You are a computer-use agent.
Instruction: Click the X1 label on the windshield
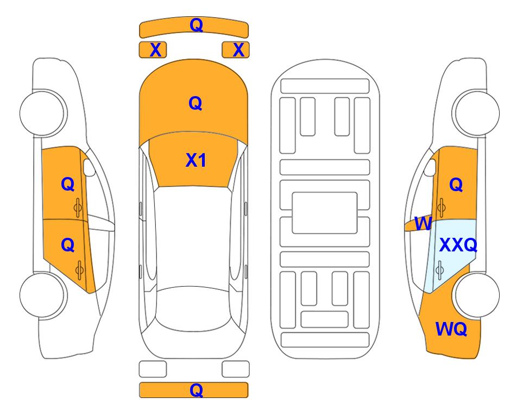point(196,160)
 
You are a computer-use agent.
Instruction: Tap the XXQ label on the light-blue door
point(458,245)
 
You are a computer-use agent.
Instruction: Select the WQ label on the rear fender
point(451,329)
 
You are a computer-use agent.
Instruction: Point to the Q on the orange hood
point(195,103)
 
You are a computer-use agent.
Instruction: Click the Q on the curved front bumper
point(196,25)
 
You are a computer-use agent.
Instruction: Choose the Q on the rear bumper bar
point(196,390)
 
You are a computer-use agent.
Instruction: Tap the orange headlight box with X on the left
point(153,50)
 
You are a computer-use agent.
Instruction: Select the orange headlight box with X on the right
point(236,50)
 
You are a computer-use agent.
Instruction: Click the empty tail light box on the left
point(153,369)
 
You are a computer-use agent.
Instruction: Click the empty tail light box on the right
point(236,369)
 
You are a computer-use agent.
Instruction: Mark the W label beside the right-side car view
point(423,224)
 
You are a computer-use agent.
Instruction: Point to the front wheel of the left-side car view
point(43,113)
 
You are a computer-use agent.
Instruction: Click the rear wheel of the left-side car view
point(43,295)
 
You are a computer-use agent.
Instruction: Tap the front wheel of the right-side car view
point(476,113)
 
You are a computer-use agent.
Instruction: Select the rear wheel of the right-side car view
point(476,295)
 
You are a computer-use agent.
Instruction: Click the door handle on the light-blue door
point(440,270)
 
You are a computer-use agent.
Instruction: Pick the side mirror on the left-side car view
point(89,167)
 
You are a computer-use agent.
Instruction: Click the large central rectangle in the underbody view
point(325,213)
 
